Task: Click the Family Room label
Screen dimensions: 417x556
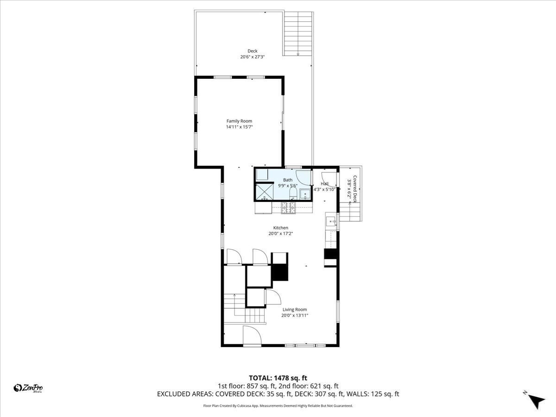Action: (x=239, y=121)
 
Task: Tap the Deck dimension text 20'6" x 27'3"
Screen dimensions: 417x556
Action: (x=252, y=57)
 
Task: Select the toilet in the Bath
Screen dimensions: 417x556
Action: (x=292, y=193)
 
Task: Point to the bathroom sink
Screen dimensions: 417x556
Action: (x=306, y=194)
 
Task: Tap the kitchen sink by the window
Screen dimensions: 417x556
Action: (x=331, y=222)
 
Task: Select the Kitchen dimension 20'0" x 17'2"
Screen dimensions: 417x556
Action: (x=280, y=234)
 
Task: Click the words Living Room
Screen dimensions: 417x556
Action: (x=295, y=310)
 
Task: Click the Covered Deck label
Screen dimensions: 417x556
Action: (x=355, y=189)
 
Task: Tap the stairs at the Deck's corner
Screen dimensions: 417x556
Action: (x=298, y=33)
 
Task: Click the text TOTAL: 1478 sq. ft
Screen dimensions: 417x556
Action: (x=278, y=378)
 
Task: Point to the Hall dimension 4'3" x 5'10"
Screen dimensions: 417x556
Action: (x=324, y=189)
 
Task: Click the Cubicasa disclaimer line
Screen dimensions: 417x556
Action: (x=278, y=406)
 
